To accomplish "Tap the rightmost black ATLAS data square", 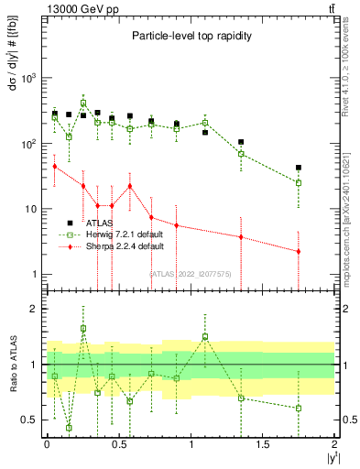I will click(x=299, y=168).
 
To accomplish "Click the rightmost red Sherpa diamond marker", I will click(x=299, y=251).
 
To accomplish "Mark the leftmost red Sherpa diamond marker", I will click(x=55, y=166).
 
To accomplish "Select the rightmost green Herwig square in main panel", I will click(x=299, y=182).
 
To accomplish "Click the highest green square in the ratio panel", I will click(x=83, y=328).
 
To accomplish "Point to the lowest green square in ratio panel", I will click(x=69, y=428).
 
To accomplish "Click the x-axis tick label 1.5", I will click(x=263, y=444).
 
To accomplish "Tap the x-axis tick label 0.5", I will click(x=118, y=444).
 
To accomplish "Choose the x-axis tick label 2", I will click(x=334, y=444).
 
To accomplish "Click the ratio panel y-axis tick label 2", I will click(x=34, y=309).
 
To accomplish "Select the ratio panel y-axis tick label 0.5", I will click(x=29, y=420).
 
